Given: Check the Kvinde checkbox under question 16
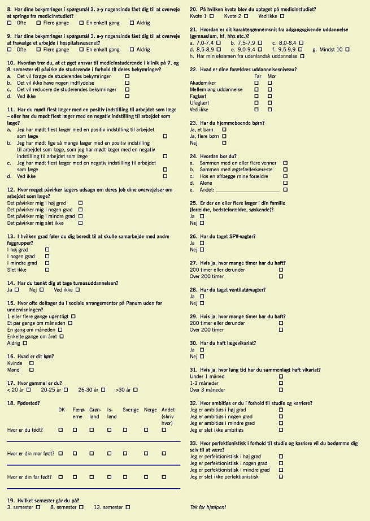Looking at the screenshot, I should [32, 363].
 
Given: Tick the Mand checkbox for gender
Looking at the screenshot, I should [32, 370].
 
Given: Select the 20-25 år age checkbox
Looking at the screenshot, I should [66, 389].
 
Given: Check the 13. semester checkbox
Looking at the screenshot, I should [125, 507].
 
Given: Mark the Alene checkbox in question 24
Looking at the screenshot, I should [285, 183].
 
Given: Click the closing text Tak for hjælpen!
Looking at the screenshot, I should [208, 507].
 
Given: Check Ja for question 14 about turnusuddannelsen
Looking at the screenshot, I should [17, 289].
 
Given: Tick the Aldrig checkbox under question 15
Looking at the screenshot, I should [25, 343].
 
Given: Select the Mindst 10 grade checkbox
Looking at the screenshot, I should [347, 50].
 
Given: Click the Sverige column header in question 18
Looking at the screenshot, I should [130, 410].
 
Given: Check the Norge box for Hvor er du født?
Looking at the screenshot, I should [146, 429].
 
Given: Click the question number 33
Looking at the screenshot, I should [193, 444].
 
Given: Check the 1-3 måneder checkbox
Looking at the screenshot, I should [281, 383].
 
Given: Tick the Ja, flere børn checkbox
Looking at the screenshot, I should [224, 136].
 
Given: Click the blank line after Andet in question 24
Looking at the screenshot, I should [248, 190].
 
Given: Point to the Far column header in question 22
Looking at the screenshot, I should [258, 76].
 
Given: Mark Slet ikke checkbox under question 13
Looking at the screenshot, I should [47, 270].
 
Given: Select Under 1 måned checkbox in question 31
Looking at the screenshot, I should [281, 376].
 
